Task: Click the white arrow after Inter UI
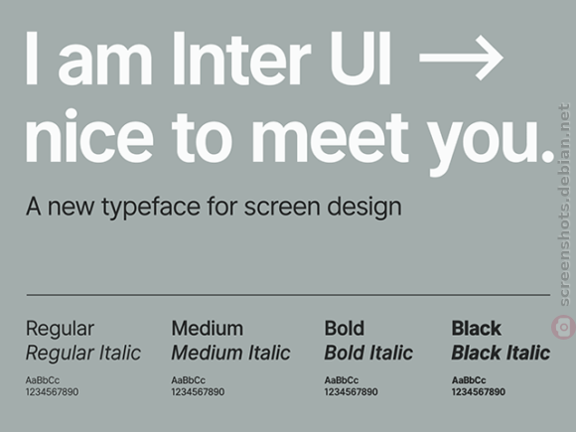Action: click(x=461, y=58)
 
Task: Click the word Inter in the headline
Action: click(x=241, y=59)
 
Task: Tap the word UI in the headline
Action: click(x=360, y=59)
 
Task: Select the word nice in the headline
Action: click(x=89, y=135)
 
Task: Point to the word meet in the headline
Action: click(x=330, y=137)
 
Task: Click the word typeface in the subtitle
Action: click(x=151, y=208)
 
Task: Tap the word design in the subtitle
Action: click(x=364, y=208)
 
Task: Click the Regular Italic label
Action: click(x=83, y=353)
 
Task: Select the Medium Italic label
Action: click(x=231, y=353)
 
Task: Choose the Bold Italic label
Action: click(x=368, y=353)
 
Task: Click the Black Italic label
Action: click(x=501, y=353)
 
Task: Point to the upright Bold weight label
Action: click(x=345, y=328)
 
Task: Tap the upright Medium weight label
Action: click(x=208, y=328)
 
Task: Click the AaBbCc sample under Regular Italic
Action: click(x=43, y=380)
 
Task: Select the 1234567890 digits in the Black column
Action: click(x=479, y=392)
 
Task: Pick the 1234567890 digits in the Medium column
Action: click(x=198, y=392)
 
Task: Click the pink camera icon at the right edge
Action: click(x=563, y=327)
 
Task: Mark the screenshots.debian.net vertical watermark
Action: click(x=564, y=205)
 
